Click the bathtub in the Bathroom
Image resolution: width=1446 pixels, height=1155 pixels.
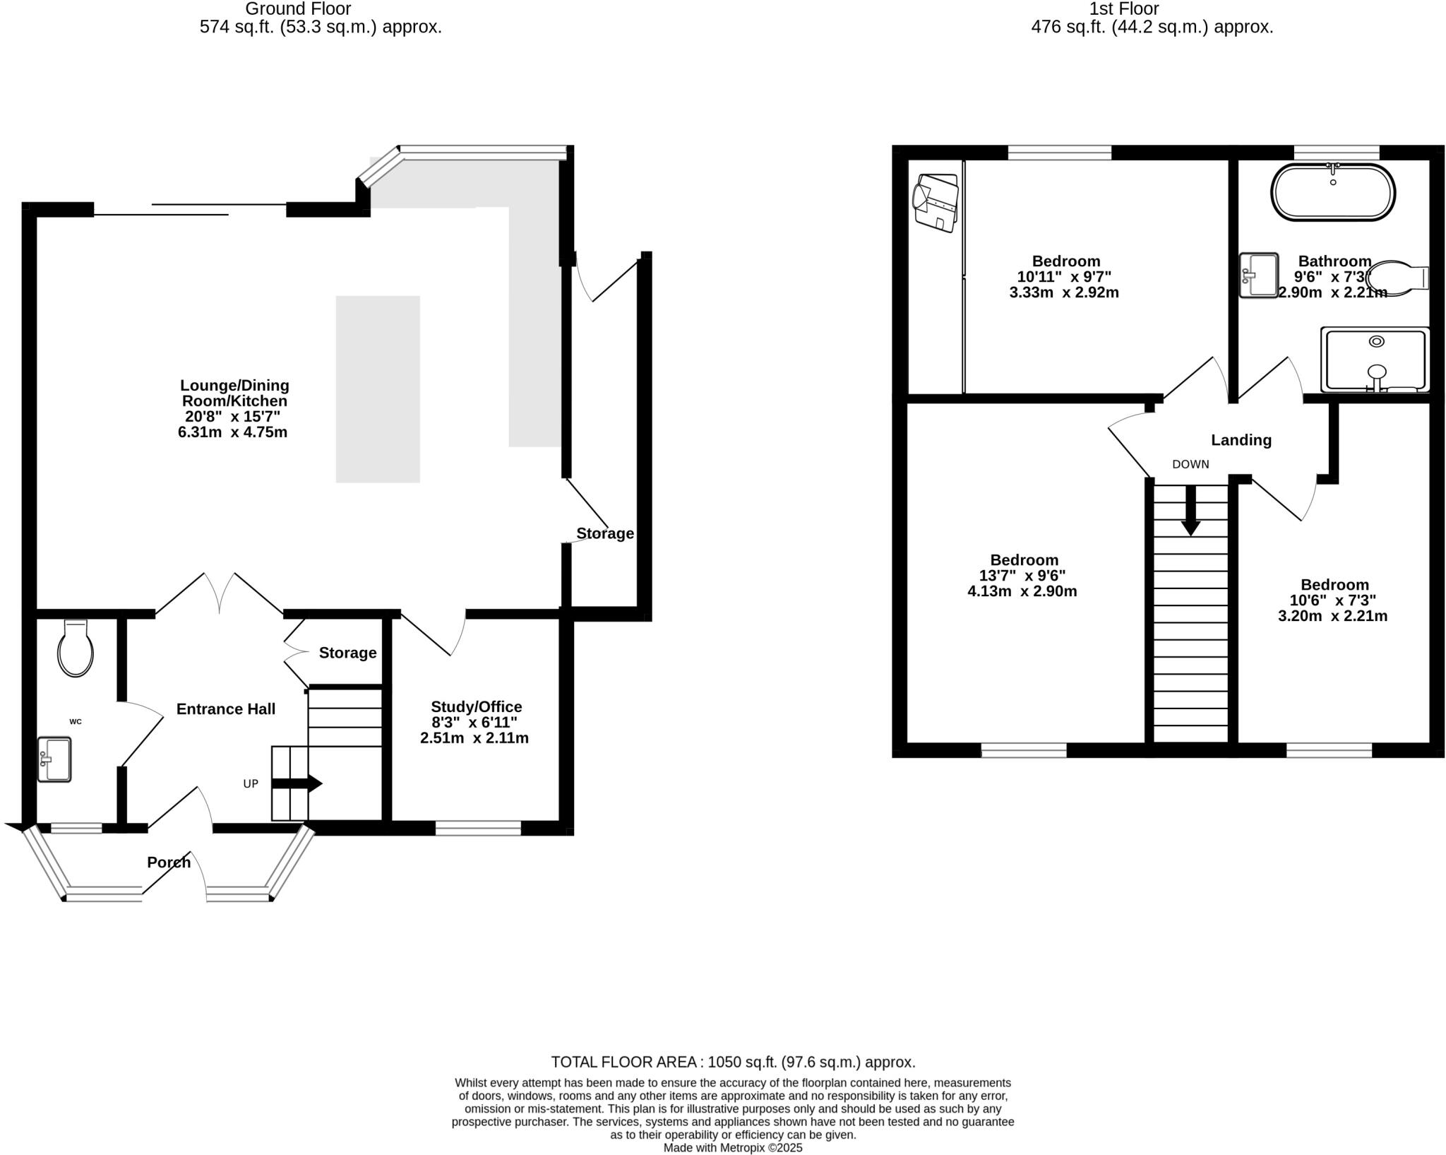coord(1332,193)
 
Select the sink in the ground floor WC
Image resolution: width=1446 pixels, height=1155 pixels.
coord(54,759)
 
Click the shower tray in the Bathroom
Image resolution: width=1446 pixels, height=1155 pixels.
coord(1374,360)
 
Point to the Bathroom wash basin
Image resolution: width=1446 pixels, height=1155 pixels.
coord(1259,275)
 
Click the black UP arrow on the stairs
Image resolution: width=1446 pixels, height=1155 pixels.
coord(297,783)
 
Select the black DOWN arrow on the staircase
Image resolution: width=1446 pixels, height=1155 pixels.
coord(1190,511)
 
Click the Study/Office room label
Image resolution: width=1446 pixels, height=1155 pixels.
coord(476,707)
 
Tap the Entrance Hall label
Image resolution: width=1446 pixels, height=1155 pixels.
coord(225,709)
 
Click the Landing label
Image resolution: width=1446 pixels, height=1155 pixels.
coord(1241,440)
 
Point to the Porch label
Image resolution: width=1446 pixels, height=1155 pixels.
coord(169,862)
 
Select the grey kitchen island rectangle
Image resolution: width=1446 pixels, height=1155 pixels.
coord(378,389)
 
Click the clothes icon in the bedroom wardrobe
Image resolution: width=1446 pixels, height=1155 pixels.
coord(936,203)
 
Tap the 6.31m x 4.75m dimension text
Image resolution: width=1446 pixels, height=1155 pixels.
coord(233,432)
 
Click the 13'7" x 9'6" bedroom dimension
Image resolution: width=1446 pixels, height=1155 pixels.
coord(1022,576)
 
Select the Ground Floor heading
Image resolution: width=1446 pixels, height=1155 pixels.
coord(298,9)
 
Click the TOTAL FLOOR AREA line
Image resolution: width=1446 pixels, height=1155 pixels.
coord(732,1062)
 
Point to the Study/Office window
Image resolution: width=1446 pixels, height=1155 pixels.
coord(478,828)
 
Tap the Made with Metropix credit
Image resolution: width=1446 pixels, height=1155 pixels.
coord(732,1148)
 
